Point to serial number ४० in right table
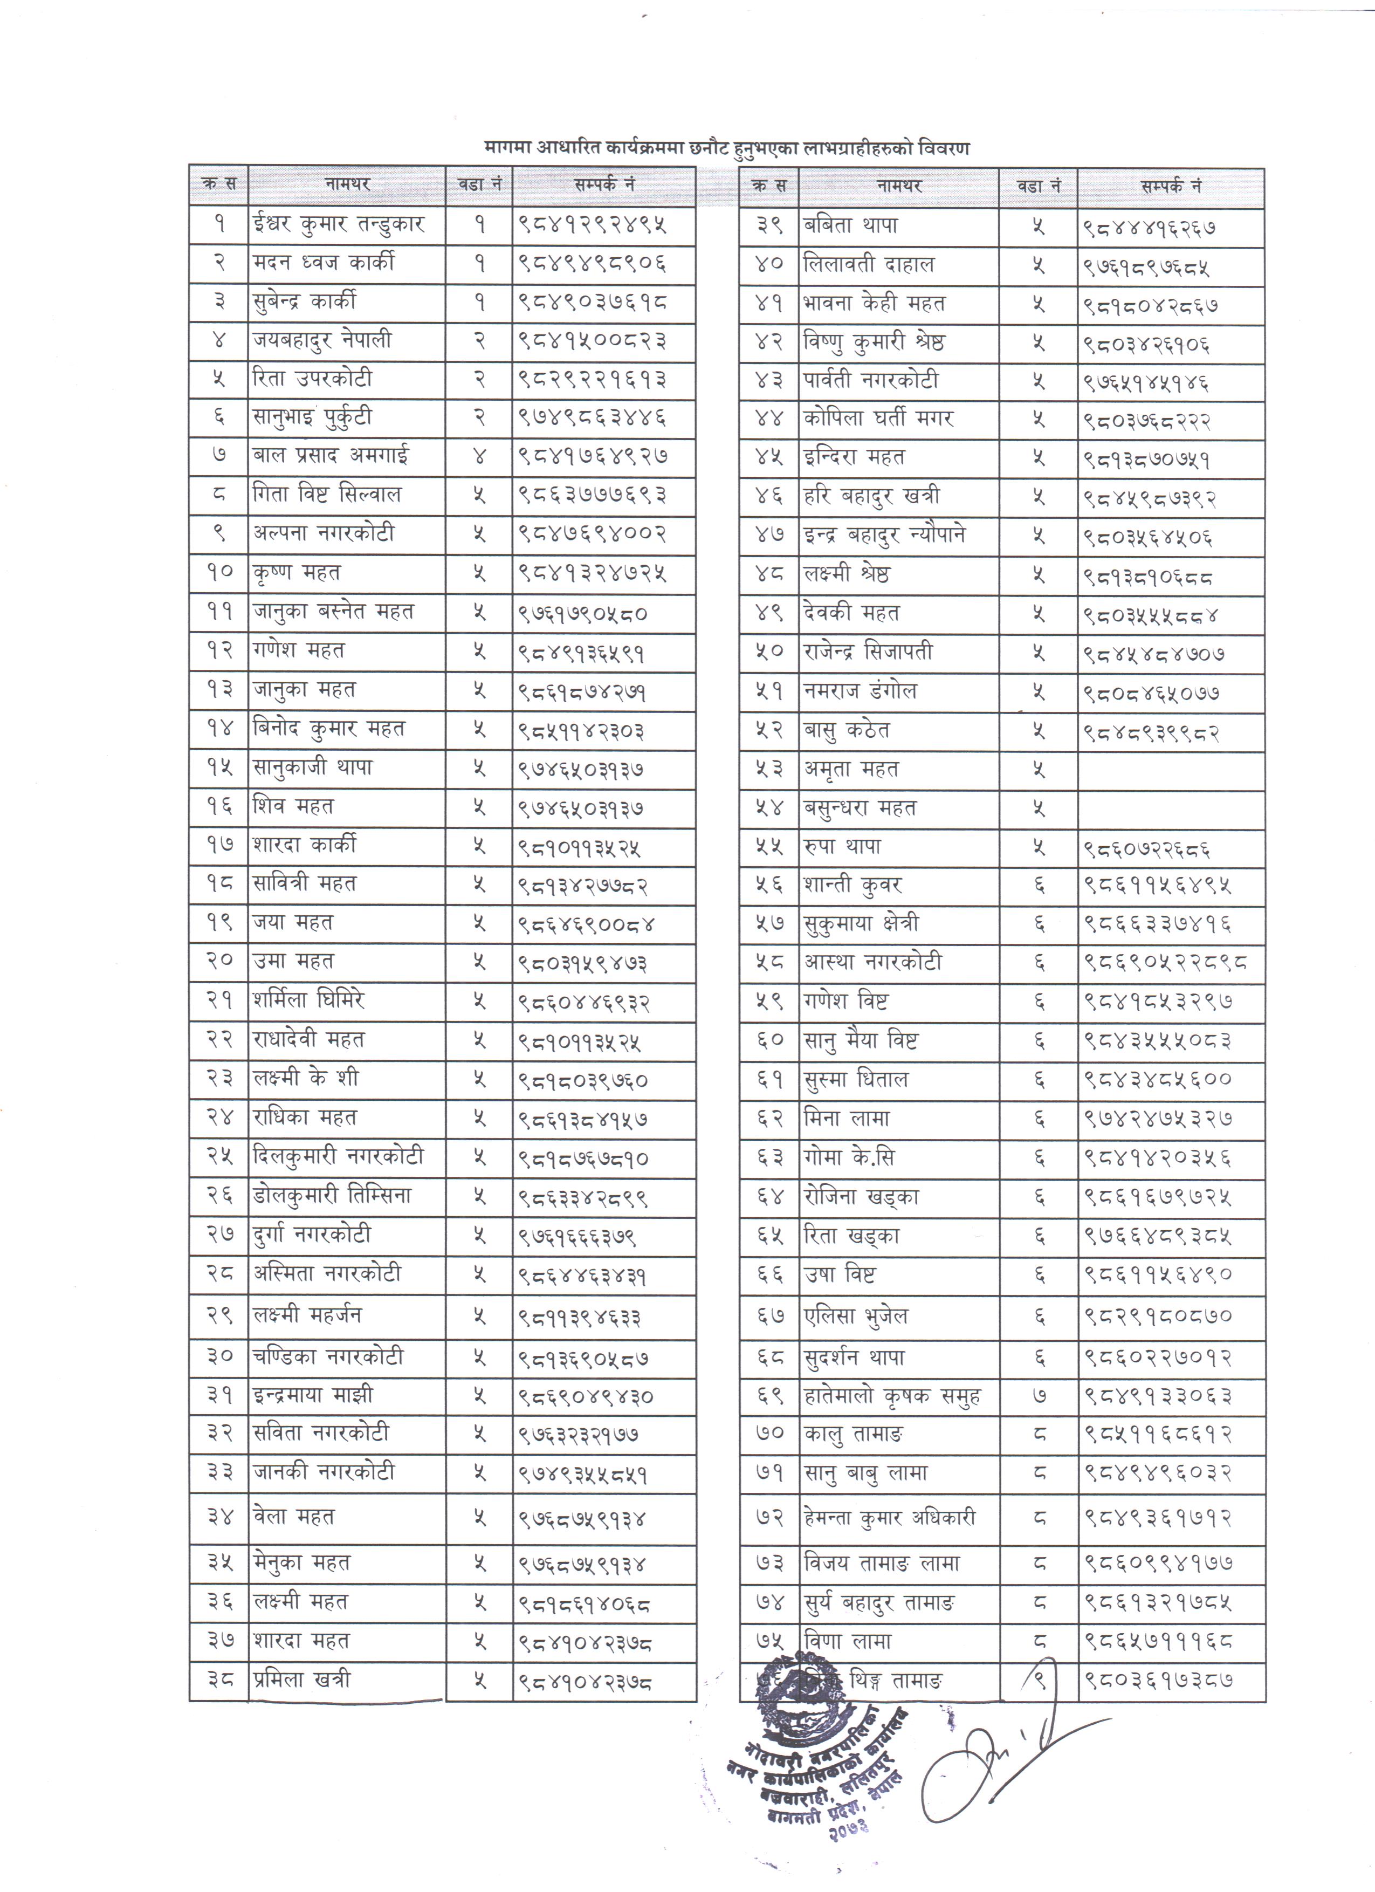pos(769,265)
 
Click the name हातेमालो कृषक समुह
pos(892,1396)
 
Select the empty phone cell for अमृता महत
pos(1171,769)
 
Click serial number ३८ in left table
pos(219,1680)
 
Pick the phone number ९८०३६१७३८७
pos(1159,1680)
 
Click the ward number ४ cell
pos(479,456)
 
